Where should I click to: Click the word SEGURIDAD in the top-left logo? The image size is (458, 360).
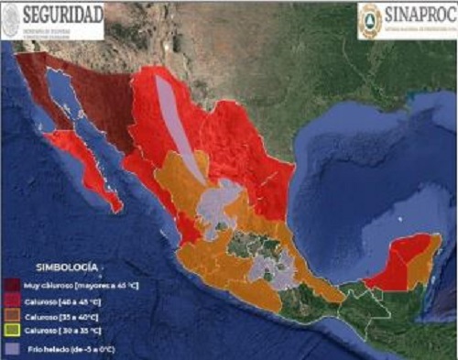[x=61, y=15]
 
